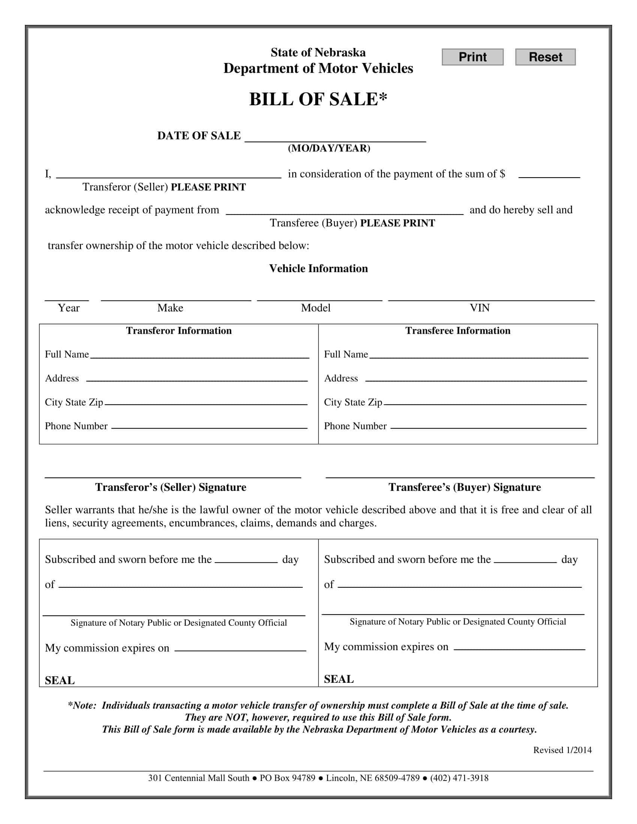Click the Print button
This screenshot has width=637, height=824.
tap(472, 57)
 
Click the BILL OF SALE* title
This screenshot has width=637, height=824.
tap(318, 100)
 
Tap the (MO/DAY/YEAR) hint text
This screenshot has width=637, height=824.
tap(329, 148)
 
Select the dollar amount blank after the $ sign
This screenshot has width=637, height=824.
tap(549, 173)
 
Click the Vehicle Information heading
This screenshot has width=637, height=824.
tap(318, 269)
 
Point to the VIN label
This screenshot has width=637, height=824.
tap(479, 308)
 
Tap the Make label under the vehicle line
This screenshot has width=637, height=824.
tap(170, 308)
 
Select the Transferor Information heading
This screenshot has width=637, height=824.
tap(178, 331)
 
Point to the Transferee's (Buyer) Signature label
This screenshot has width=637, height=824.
tap(465, 487)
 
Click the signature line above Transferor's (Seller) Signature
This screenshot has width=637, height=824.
tap(173, 474)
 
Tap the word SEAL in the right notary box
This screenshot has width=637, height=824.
tap(338, 679)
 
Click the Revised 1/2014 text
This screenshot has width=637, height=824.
tap(562, 750)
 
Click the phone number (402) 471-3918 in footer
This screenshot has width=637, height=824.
tap(459, 778)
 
